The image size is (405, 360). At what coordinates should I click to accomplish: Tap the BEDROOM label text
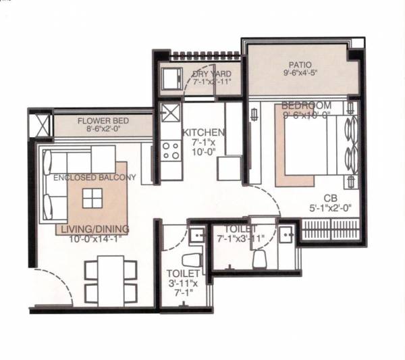coord(306,105)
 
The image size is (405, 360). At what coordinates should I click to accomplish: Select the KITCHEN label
coord(202,132)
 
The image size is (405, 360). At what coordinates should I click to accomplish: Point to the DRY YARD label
coord(212,74)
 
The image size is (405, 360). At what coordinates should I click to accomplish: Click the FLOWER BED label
coord(103,122)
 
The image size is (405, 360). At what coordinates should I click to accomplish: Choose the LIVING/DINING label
coord(94,230)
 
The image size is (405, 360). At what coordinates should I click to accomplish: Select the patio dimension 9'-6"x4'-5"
coord(298,76)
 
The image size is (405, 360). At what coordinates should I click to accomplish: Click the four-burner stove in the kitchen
coord(171,151)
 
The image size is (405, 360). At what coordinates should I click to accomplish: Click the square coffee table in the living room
coord(92,197)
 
